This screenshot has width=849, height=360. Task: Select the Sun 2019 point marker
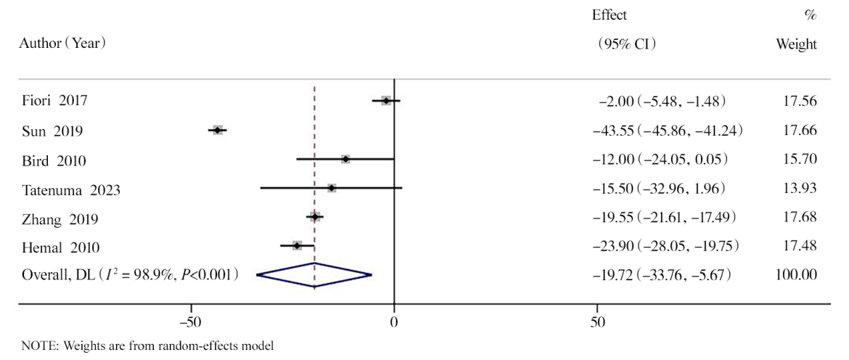tap(217, 130)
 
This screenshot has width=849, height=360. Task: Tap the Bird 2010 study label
tap(49, 160)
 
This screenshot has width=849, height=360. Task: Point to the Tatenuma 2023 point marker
tap(332, 188)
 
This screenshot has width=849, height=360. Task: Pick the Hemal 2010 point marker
tap(297, 246)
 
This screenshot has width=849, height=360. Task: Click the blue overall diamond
tap(314, 274)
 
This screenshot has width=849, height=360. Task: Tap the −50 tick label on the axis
tap(191, 320)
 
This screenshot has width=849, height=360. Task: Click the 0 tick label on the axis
tap(394, 320)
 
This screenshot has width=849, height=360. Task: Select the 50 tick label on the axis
tap(597, 320)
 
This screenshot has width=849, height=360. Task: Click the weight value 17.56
tap(803, 101)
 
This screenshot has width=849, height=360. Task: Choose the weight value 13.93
tap(803, 189)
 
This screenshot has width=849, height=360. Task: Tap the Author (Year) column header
tap(64, 44)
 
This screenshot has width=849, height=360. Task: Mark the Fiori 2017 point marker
tap(386, 101)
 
